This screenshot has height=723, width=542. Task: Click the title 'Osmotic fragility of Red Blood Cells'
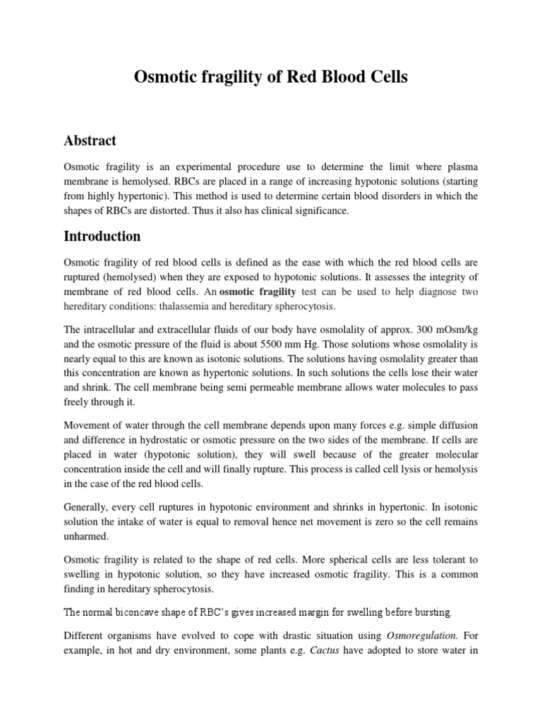coord(271,78)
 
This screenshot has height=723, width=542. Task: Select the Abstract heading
coord(90,141)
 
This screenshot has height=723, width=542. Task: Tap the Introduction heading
coord(102,236)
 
